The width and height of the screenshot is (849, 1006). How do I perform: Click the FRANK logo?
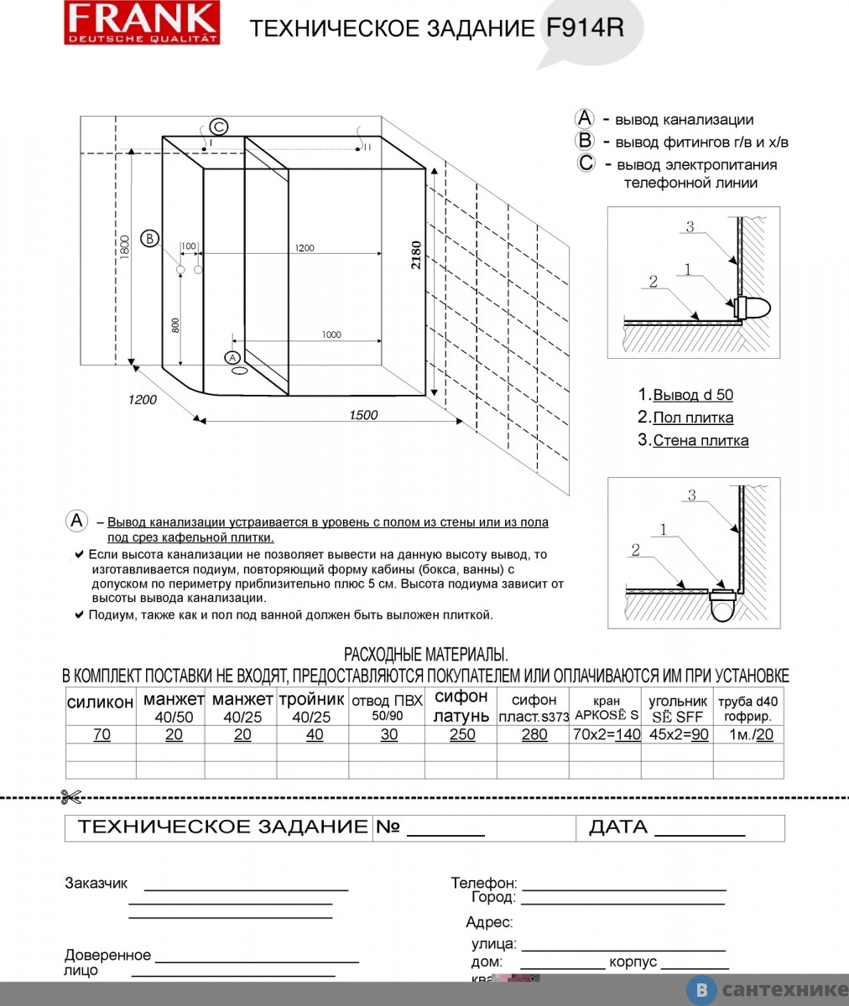coord(142,23)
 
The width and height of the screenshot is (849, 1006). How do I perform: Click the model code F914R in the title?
coord(585,28)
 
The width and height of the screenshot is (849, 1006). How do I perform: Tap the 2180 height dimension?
coord(417,255)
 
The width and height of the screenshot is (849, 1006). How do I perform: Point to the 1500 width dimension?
coord(362,415)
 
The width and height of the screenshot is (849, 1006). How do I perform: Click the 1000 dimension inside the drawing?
coord(331,334)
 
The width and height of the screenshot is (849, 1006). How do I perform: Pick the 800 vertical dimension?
coord(175,324)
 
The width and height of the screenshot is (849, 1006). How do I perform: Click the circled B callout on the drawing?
coord(149,238)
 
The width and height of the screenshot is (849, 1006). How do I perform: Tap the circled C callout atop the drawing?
coord(218,127)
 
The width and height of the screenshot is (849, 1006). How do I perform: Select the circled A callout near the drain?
coord(232,358)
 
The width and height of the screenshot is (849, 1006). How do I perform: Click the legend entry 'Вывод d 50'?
coord(692,395)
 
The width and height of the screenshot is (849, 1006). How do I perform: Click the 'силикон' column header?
coord(101,703)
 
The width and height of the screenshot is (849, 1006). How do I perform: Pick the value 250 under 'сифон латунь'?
coord(461,734)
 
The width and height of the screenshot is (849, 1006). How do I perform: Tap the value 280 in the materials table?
coord(534,734)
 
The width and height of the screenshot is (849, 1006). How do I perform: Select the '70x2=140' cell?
coord(606,734)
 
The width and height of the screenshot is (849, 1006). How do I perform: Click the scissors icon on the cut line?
coord(70,796)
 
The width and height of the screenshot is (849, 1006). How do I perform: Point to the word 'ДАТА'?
coord(618,827)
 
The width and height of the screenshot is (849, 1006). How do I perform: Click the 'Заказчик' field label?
coord(96,884)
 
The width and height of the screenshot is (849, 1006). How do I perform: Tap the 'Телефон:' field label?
coord(484,884)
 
